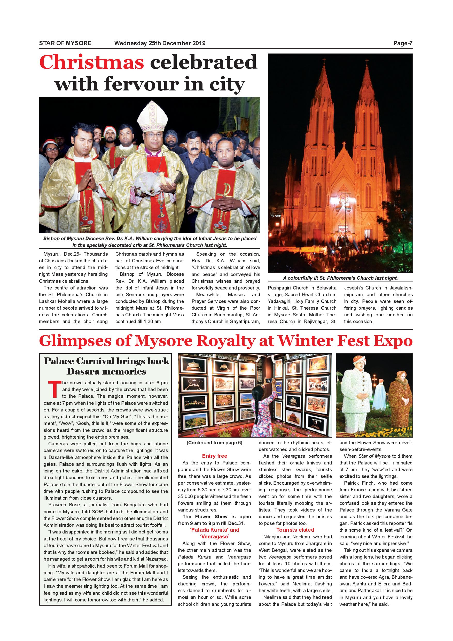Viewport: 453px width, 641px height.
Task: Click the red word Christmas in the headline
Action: coord(91,62)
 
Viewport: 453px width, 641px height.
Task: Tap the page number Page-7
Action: coord(403,43)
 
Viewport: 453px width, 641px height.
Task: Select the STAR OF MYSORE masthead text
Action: coord(65,43)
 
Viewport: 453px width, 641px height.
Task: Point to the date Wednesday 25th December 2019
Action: coord(160,43)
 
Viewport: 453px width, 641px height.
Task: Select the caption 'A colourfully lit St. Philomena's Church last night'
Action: coord(340,278)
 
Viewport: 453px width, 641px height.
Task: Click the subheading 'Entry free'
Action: coord(215,456)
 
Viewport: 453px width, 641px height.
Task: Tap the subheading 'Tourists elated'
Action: coord(295,530)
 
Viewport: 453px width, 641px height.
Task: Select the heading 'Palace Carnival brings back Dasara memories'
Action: coord(106,366)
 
